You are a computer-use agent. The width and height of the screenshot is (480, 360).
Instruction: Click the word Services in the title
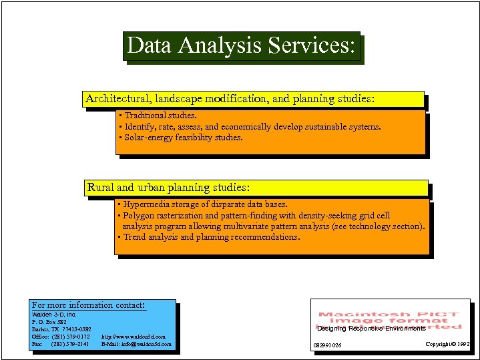coord(311,46)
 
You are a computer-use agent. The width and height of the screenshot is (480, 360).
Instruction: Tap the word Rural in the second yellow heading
coord(101,188)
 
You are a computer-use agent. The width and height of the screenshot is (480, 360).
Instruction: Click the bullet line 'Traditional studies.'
coord(158,116)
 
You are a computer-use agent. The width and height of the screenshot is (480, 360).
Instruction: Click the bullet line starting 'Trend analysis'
coord(208,237)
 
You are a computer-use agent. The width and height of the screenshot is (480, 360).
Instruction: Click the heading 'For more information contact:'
coord(89,305)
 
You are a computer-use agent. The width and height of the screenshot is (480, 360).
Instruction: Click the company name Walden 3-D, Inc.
coord(55,314)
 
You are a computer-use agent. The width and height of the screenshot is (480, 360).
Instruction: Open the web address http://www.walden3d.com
coord(134,337)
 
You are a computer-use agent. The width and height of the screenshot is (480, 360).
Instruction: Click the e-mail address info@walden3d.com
coord(137,345)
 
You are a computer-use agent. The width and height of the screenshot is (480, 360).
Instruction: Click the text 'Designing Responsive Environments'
coord(371,329)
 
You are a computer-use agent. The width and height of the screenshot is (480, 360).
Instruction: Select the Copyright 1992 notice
coord(449,345)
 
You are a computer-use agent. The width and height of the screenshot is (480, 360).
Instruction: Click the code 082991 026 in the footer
coord(327,345)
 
